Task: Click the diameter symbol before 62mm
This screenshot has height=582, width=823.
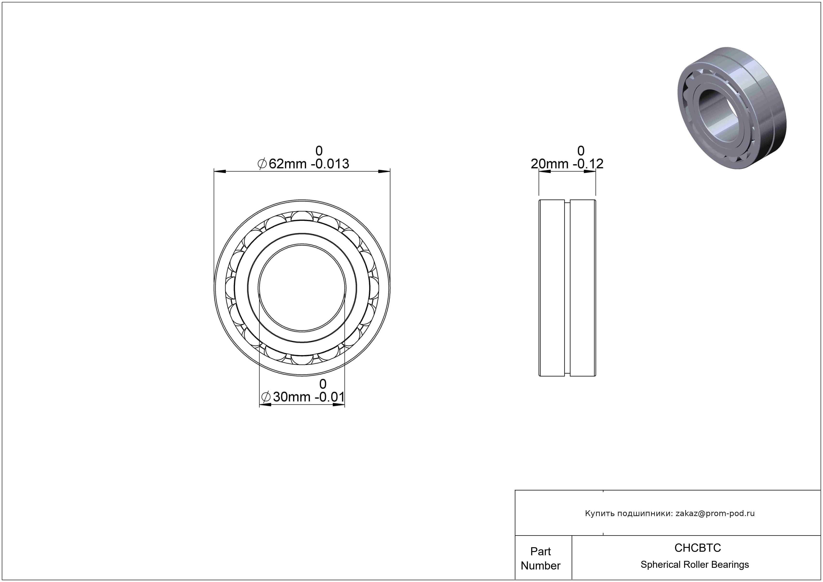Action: [262, 164]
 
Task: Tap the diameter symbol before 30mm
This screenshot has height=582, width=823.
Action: [266, 397]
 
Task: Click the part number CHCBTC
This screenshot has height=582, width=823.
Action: [697, 548]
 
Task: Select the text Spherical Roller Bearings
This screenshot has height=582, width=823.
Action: [695, 565]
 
